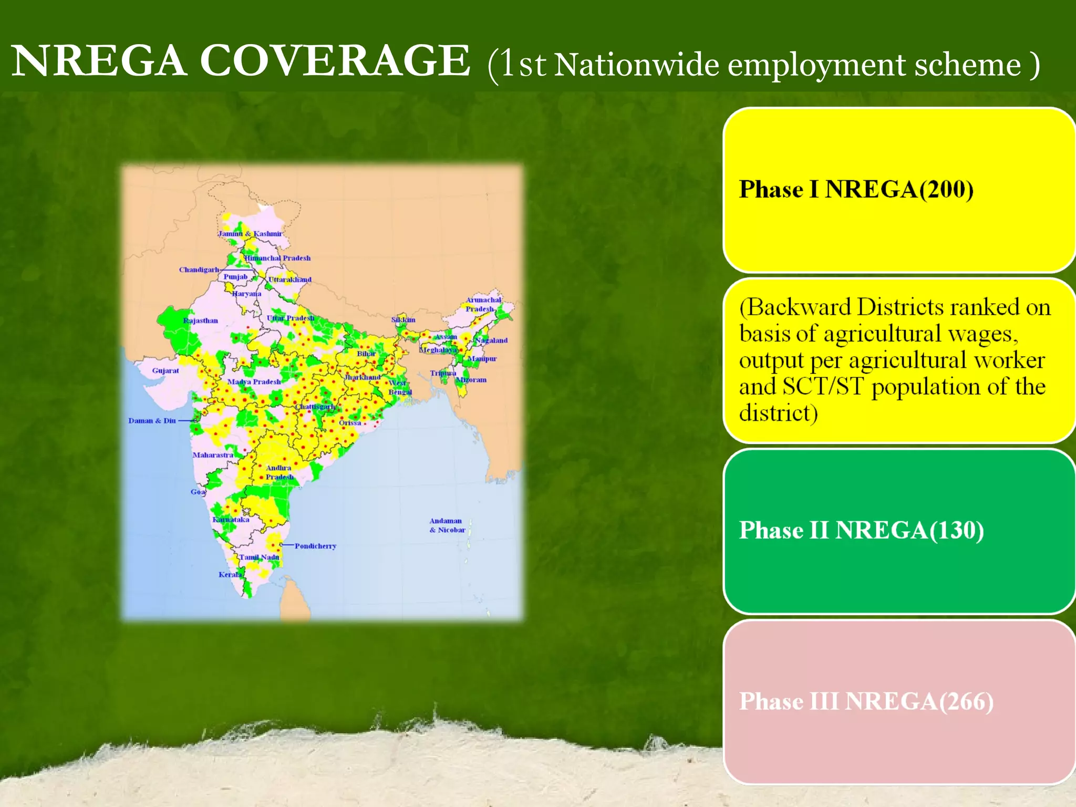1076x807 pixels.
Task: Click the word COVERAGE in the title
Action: tap(335, 61)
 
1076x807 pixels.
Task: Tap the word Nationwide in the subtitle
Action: tap(636, 65)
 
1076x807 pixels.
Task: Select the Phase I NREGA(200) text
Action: tap(856, 189)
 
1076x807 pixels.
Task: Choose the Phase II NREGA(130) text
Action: tap(861, 530)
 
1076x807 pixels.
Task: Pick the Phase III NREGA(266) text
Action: tap(866, 701)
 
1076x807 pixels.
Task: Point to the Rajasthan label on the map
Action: tap(200, 320)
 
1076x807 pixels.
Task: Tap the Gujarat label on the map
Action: tap(165, 370)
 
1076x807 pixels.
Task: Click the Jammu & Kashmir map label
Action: tap(250, 233)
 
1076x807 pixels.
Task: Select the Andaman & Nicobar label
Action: tap(447, 525)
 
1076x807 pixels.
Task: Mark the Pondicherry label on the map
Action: tap(315, 546)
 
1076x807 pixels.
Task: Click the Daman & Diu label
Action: tap(152, 420)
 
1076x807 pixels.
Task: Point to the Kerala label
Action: tap(230, 574)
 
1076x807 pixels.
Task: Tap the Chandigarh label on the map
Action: tap(199, 270)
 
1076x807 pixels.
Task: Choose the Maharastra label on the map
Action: tap(213, 454)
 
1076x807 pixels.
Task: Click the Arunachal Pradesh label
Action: tap(482, 304)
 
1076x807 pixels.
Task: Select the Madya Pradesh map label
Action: tap(254, 381)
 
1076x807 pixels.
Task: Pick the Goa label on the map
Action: tap(198, 492)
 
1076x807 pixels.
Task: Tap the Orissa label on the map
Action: tap(350, 422)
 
